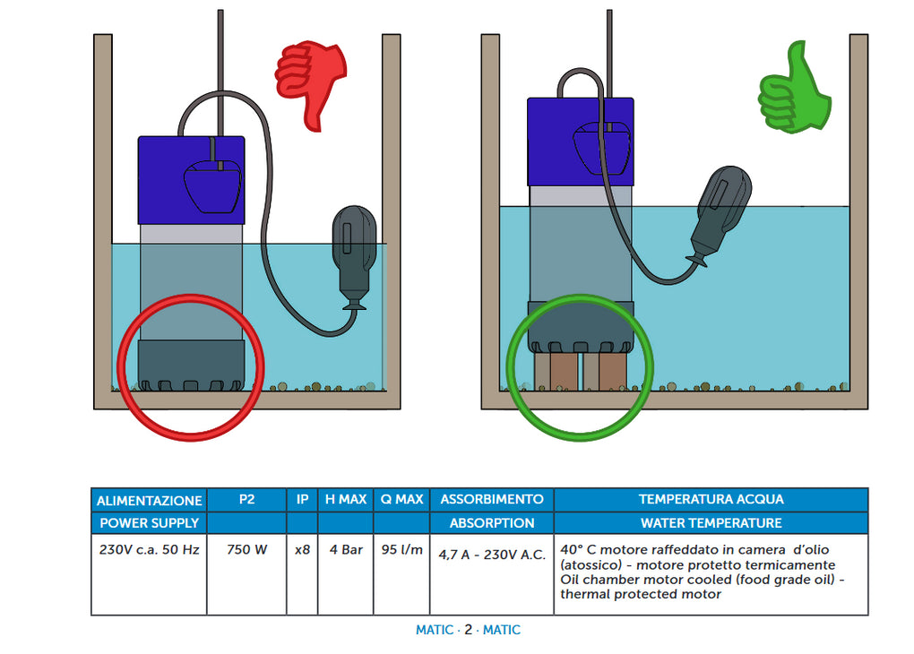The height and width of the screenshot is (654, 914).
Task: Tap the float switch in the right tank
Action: [x=722, y=213]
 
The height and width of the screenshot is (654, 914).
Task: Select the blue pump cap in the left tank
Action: [x=191, y=179]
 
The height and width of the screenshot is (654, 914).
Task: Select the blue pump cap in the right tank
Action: [x=580, y=142]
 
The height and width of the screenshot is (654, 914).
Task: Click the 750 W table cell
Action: [x=246, y=550]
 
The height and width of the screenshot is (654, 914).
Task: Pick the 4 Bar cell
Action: [x=346, y=550]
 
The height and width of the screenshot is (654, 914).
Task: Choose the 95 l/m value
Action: [x=402, y=550]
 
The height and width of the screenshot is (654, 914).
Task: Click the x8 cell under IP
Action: [x=302, y=550]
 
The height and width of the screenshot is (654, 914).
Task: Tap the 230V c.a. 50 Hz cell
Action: [x=149, y=550]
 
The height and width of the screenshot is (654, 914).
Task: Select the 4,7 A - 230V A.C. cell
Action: [x=492, y=555]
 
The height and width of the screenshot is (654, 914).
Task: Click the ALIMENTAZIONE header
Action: [x=149, y=500]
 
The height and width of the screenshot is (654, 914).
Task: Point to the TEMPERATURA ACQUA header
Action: [x=711, y=499]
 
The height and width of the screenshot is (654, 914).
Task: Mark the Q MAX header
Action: [x=402, y=499]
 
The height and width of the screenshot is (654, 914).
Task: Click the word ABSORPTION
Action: [x=492, y=522]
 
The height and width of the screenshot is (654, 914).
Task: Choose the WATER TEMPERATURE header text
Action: [x=711, y=522]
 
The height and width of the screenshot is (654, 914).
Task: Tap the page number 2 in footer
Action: [x=468, y=630]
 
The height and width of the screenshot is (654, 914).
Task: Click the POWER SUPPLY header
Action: [x=149, y=522]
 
